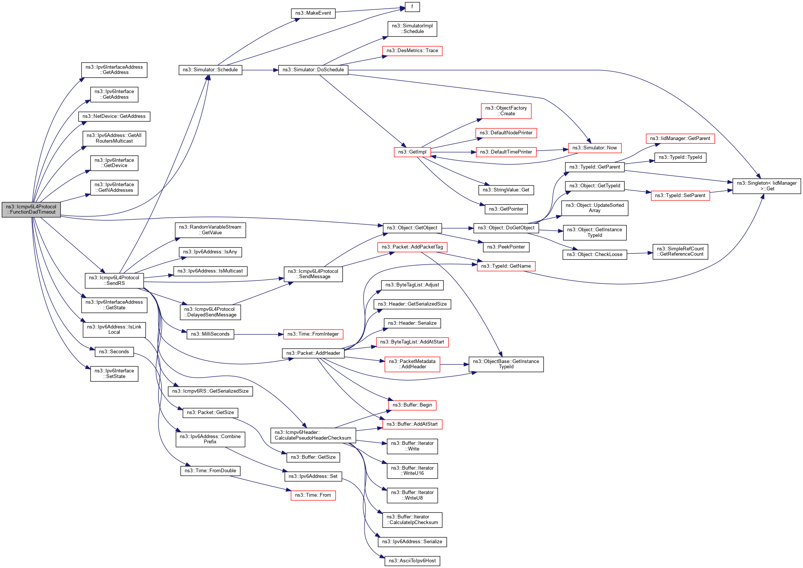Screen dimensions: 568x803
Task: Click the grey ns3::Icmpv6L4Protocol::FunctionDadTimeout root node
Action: [x=31, y=209]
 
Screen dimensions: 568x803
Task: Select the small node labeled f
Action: [x=412, y=7]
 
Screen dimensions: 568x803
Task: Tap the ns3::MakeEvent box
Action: [x=313, y=13]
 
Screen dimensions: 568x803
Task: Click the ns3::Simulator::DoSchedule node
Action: [x=313, y=70]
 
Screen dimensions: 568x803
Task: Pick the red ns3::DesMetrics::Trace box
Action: [x=412, y=51]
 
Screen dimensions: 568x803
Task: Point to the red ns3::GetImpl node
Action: [x=412, y=152]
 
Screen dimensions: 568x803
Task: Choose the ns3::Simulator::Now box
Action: [x=594, y=148]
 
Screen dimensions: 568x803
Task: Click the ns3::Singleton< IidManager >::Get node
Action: [x=766, y=186]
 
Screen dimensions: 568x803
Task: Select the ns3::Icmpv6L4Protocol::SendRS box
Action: [x=114, y=280]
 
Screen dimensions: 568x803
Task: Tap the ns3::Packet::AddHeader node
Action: [x=313, y=353]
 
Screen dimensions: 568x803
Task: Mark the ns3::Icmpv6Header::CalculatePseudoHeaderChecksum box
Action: [x=313, y=435]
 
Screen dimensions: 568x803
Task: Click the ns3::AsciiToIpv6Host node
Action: [x=412, y=561]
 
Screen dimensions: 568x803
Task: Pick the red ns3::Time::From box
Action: [x=313, y=495]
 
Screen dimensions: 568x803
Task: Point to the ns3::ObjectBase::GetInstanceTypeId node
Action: [x=506, y=364]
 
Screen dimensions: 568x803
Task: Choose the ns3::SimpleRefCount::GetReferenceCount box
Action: [x=680, y=252]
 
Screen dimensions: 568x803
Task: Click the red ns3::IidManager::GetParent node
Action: [x=680, y=139]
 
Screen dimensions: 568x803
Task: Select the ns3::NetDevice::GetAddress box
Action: [x=114, y=116]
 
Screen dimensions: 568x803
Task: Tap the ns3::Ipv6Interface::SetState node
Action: [x=114, y=374]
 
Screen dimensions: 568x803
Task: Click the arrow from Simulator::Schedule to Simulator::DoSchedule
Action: [x=260, y=70]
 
